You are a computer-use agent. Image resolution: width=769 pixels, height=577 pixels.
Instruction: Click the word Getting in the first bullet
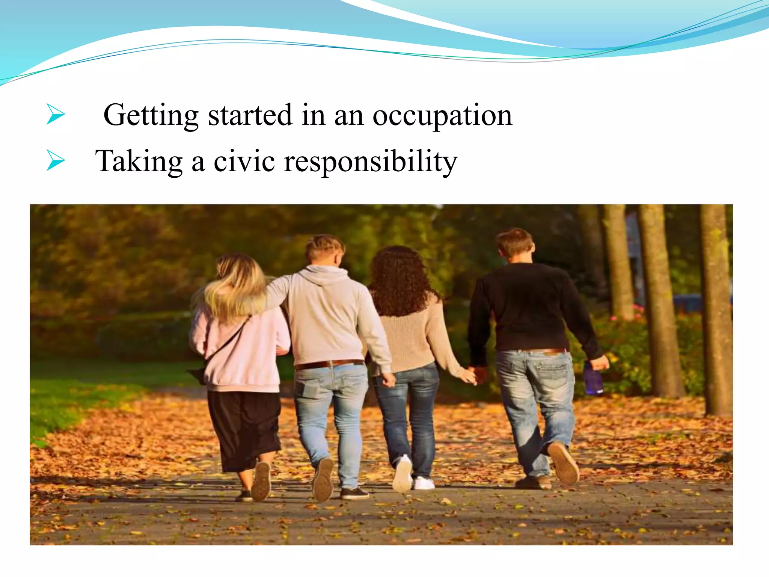[x=151, y=115]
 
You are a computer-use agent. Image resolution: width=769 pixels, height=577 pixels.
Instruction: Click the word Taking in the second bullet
[x=139, y=162]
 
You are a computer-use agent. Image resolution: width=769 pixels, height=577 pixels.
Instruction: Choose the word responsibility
[x=371, y=162]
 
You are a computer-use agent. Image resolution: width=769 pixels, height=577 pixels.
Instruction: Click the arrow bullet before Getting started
[x=56, y=114]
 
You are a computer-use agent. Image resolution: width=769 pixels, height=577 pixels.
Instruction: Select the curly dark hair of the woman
[x=399, y=280]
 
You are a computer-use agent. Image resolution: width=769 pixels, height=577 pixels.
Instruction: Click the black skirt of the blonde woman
[x=244, y=428]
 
